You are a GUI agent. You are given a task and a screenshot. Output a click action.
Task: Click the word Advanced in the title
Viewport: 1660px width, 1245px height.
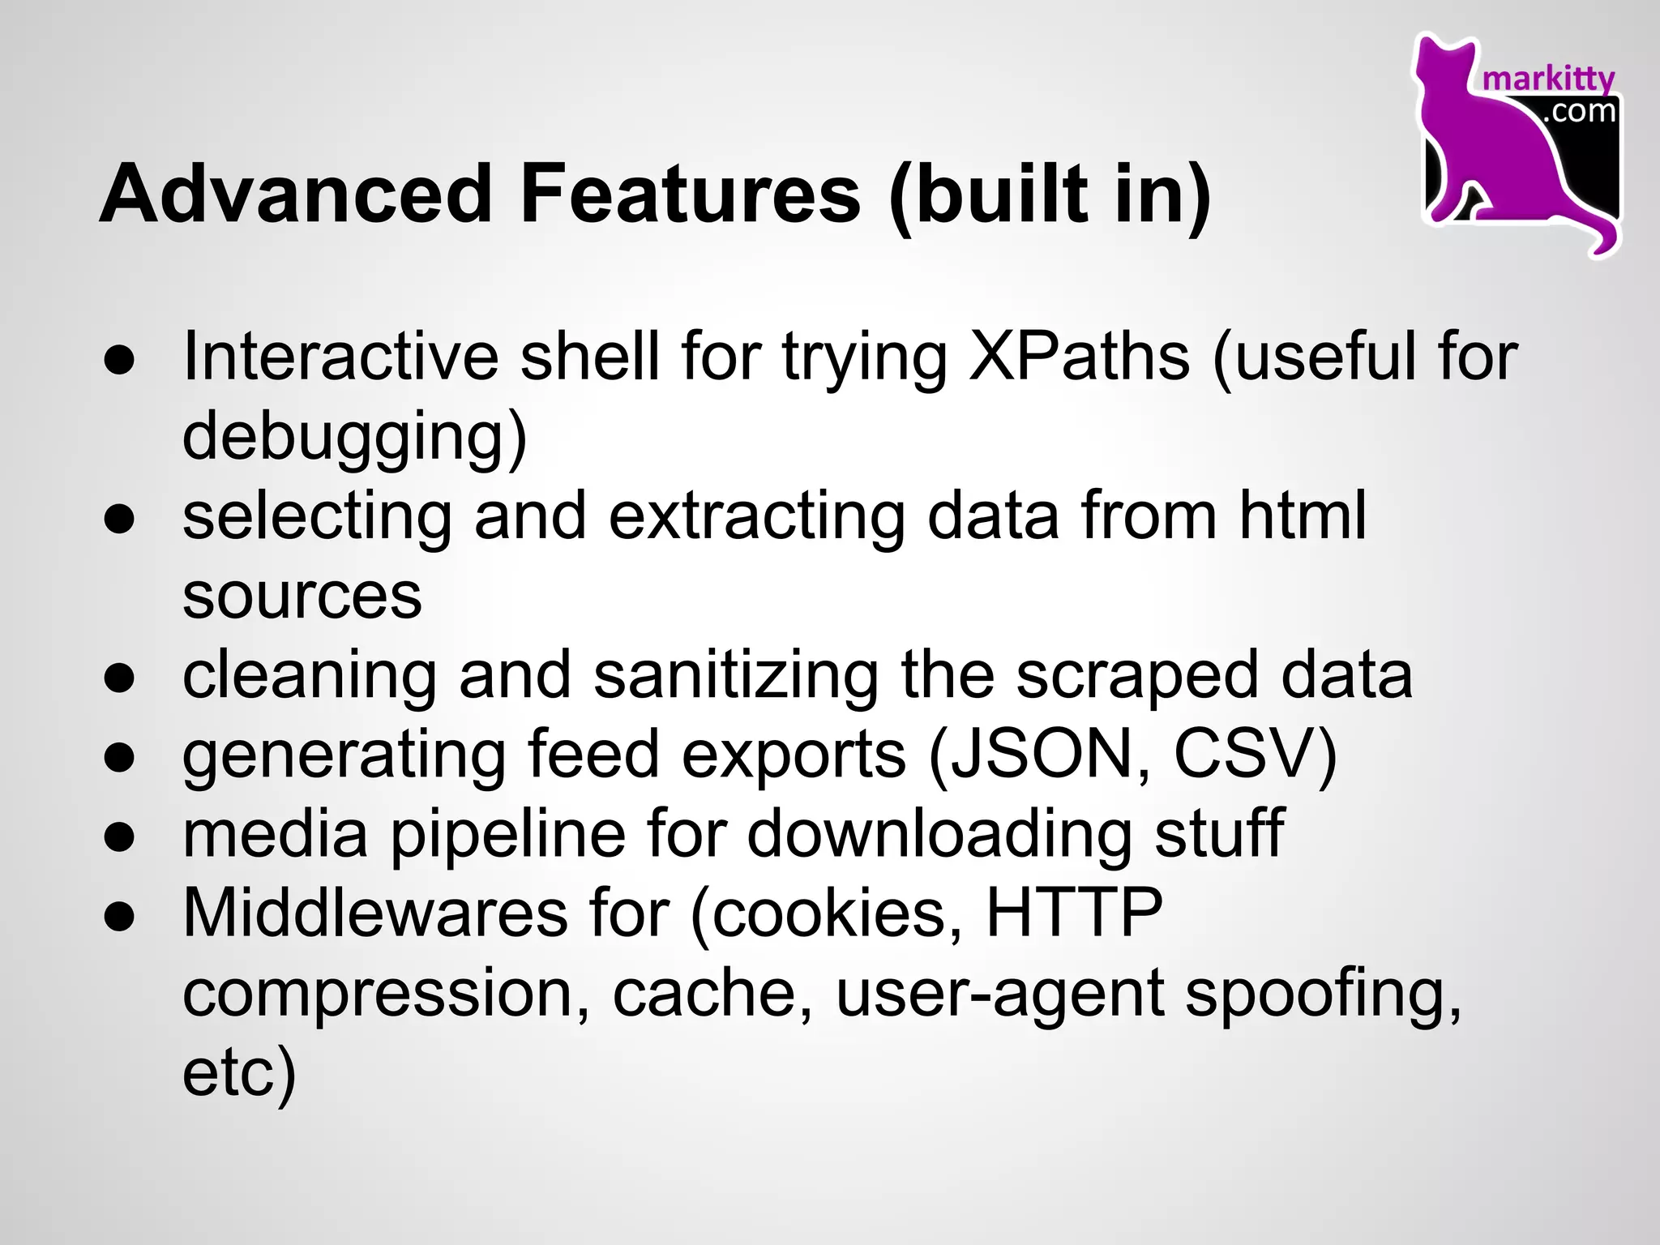(x=296, y=195)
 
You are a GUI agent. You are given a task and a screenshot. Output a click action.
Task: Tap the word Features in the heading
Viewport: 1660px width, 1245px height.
(x=690, y=195)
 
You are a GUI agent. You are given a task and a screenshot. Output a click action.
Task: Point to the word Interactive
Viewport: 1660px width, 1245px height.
(x=340, y=357)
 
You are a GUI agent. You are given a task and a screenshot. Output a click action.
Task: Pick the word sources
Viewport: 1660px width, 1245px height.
(x=302, y=596)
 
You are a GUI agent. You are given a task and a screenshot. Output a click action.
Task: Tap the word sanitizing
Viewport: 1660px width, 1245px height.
(x=736, y=675)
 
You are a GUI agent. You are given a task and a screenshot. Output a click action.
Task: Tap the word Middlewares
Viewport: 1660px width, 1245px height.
(x=375, y=913)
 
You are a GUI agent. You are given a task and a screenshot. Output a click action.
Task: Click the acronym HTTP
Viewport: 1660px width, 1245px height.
(x=1074, y=913)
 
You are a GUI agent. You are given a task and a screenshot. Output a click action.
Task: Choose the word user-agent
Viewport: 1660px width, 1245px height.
(x=1000, y=995)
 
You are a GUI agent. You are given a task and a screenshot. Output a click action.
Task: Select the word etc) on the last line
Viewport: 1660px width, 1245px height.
(x=239, y=1072)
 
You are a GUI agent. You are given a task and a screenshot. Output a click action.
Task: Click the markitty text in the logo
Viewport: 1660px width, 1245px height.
(x=1548, y=79)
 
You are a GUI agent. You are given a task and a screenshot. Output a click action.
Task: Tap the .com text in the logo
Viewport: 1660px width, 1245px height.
(x=1580, y=111)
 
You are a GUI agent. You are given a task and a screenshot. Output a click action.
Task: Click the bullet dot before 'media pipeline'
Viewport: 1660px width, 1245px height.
(x=119, y=836)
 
